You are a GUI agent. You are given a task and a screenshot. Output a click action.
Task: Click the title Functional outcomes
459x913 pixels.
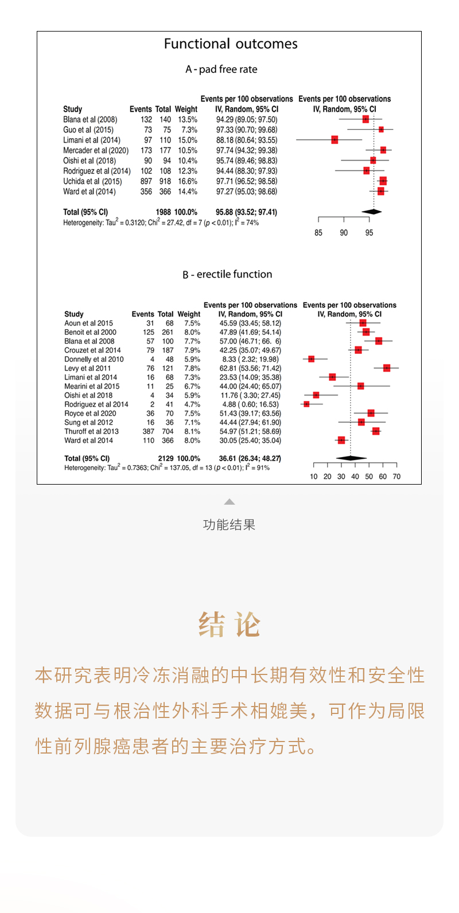(231, 44)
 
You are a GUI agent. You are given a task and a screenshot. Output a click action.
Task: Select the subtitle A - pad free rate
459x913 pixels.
(221, 69)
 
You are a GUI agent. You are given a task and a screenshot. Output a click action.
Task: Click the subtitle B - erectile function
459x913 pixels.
(227, 275)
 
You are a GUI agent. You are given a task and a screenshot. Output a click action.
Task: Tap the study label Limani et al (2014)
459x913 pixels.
(92, 140)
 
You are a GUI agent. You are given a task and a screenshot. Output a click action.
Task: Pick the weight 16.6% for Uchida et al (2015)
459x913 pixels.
(187, 181)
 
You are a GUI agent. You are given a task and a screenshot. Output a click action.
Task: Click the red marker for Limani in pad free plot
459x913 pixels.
(334, 140)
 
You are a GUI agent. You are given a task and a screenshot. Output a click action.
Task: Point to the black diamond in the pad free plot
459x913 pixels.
(372, 212)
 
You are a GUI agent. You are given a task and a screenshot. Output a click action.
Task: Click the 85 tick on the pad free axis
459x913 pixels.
(318, 233)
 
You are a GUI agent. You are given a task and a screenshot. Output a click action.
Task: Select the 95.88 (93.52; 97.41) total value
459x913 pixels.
(246, 212)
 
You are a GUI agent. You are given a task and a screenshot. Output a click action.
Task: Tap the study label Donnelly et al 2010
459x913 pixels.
(94, 360)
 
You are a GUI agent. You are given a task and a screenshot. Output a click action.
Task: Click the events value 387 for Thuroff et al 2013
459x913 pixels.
(149, 432)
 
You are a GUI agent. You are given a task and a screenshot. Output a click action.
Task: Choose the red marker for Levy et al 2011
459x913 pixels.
(387, 368)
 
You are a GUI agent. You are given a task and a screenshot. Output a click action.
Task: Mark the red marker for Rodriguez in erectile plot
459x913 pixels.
(306, 404)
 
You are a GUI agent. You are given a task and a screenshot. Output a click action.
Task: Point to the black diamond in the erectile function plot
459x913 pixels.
(351, 458)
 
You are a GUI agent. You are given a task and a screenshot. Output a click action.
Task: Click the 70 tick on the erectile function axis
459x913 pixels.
(396, 477)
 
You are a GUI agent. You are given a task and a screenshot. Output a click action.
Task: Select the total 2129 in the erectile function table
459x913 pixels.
(165, 459)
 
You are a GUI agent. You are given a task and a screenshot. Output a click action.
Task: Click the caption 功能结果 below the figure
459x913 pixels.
(229, 525)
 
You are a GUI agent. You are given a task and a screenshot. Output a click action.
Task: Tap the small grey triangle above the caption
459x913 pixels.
(229, 502)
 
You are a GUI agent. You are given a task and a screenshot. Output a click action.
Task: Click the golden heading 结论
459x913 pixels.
(229, 625)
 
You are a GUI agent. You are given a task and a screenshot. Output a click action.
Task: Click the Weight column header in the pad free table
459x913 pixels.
(186, 109)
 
